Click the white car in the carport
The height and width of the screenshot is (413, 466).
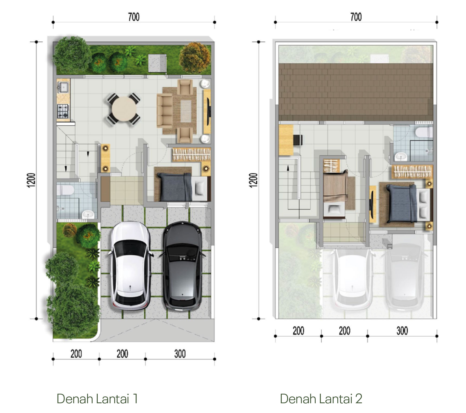131,266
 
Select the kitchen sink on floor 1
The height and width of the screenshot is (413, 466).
64,87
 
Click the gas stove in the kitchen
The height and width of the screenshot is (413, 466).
63,111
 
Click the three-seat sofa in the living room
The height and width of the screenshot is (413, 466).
165,110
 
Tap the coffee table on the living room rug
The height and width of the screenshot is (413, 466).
186,111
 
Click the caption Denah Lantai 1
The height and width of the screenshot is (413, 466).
97,399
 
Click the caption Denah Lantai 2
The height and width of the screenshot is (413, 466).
321,399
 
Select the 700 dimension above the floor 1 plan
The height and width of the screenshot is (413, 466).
134,17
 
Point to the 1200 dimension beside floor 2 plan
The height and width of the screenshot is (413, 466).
253,180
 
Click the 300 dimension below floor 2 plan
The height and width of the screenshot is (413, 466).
402,331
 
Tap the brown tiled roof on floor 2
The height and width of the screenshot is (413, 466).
356,92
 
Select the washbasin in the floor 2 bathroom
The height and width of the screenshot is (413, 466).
400,157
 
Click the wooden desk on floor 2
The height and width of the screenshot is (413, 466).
286,140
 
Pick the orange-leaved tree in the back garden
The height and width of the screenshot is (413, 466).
195,57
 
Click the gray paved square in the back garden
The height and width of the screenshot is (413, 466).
157,63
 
